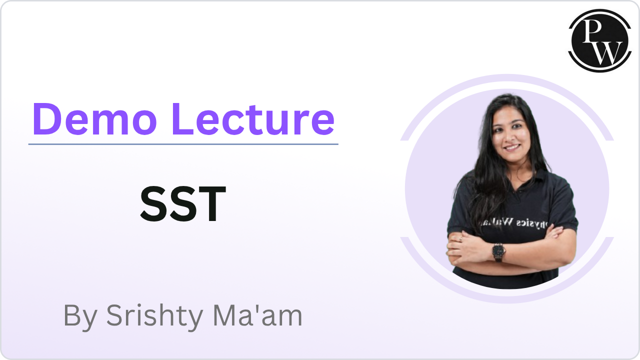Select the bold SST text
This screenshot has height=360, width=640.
click(x=183, y=204)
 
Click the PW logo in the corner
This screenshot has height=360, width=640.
click(x=598, y=40)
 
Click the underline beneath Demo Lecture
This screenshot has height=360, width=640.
click(x=183, y=144)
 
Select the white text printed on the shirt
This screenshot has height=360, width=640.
click(x=525, y=223)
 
